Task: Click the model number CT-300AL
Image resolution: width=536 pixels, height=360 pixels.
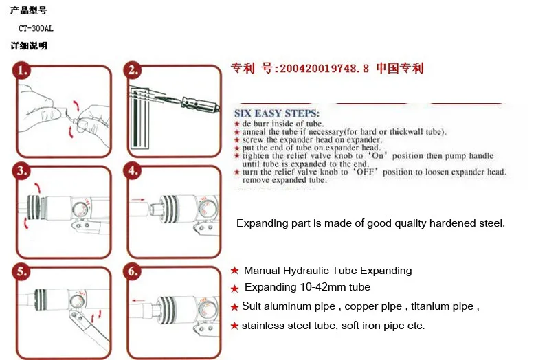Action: click(36, 28)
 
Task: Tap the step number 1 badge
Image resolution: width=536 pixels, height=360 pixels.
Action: click(21, 70)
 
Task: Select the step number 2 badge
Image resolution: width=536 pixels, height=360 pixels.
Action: click(133, 70)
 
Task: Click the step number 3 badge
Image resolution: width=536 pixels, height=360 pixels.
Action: click(21, 170)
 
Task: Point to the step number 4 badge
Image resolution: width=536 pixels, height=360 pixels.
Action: click(133, 170)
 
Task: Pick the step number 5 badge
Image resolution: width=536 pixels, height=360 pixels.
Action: click(21, 271)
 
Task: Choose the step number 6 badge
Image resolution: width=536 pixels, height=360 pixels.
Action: click(133, 271)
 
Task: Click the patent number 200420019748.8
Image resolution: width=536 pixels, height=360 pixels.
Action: click(324, 69)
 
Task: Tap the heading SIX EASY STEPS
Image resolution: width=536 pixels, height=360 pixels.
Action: click(276, 113)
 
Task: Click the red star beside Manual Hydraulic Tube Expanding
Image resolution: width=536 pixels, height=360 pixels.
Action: click(234, 271)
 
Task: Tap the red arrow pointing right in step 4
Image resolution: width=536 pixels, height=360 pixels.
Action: click(137, 199)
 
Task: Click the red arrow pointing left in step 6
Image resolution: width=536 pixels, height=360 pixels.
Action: click(138, 300)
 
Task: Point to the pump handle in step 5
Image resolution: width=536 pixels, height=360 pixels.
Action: click(89, 328)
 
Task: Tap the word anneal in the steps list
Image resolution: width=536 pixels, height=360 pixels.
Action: click(254, 132)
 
